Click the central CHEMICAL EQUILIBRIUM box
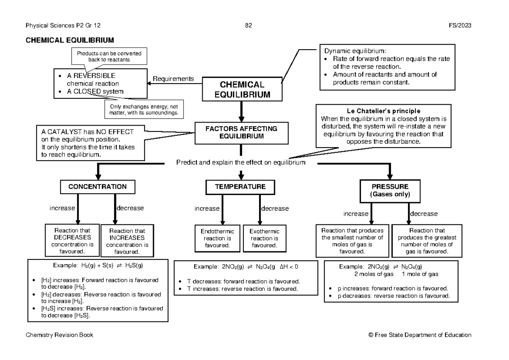[242, 90]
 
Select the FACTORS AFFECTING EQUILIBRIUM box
[241, 132]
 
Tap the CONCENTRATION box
[98, 187]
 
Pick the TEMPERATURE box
[240, 187]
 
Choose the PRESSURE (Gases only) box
[390, 190]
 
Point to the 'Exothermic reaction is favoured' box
[264, 238]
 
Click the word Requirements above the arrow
[173, 78]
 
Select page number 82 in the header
[249, 26]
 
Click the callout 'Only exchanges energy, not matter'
[144, 110]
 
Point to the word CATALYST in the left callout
[62, 131]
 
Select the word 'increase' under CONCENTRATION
[62, 208]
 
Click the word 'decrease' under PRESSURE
[424, 214]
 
